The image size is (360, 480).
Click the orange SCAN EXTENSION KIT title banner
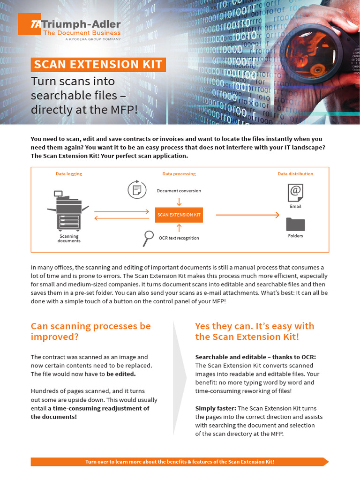(x=98, y=64)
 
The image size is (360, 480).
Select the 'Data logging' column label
(x=69, y=174)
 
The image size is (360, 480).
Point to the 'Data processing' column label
(x=179, y=174)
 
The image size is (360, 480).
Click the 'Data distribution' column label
(x=295, y=174)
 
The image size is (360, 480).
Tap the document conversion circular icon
(x=137, y=189)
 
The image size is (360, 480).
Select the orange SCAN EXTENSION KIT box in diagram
(x=179, y=215)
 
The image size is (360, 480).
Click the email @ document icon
(x=295, y=193)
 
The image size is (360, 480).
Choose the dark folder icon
(x=295, y=225)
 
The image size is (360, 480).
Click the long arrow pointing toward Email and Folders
(x=247, y=215)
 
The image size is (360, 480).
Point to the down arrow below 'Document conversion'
(x=179, y=201)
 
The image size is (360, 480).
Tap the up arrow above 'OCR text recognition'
(x=179, y=228)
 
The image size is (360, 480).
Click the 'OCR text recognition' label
(x=179, y=238)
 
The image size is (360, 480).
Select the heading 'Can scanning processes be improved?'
(x=90, y=331)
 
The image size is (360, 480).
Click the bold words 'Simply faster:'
(x=216, y=408)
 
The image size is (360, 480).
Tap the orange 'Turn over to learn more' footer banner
(x=180, y=462)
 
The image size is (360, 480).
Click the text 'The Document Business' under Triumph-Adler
(x=82, y=33)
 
